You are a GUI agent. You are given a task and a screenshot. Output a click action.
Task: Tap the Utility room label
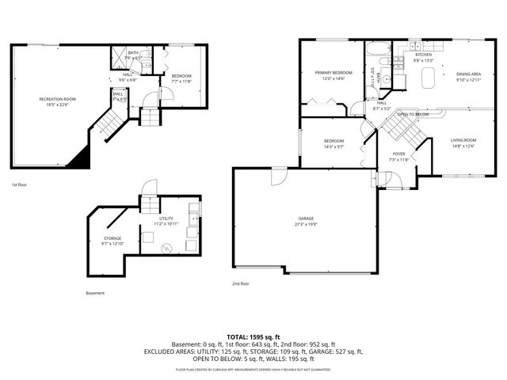(166, 218)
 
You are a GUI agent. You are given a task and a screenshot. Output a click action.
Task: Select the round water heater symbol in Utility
(166, 247)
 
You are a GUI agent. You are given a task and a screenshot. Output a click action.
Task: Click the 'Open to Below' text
(414, 114)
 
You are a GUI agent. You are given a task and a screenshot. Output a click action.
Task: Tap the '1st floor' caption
(20, 184)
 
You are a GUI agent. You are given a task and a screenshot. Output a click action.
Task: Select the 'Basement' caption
(95, 293)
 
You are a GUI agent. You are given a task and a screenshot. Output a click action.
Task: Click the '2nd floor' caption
(241, 283)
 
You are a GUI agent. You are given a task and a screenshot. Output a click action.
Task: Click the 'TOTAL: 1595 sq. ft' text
(253, 336)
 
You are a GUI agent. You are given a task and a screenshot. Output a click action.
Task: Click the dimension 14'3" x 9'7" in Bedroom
(333, 146)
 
